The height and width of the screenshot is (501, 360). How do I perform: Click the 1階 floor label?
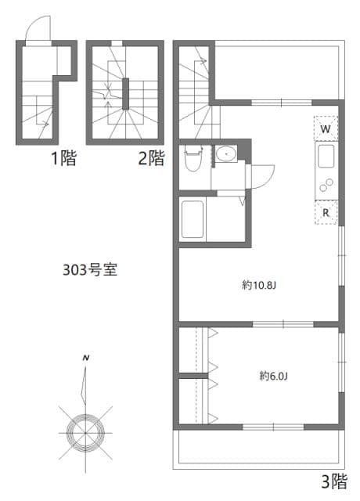pos(64,160)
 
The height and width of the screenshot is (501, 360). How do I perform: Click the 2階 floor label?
pos(152,160)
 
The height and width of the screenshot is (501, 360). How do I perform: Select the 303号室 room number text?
pos(90,270)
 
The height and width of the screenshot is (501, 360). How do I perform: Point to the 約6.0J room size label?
pos(275,377)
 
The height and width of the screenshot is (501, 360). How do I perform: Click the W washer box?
pos(326,128)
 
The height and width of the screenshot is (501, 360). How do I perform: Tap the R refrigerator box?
pos(326,212)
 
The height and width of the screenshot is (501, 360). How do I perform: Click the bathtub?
pos(193,220)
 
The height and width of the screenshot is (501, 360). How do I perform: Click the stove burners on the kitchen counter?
pos(326,187)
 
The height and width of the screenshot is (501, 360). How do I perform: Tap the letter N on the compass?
pos(86,359)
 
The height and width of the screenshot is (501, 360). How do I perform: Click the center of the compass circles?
pos(85,428)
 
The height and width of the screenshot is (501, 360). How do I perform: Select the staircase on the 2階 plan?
pos(124,92)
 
